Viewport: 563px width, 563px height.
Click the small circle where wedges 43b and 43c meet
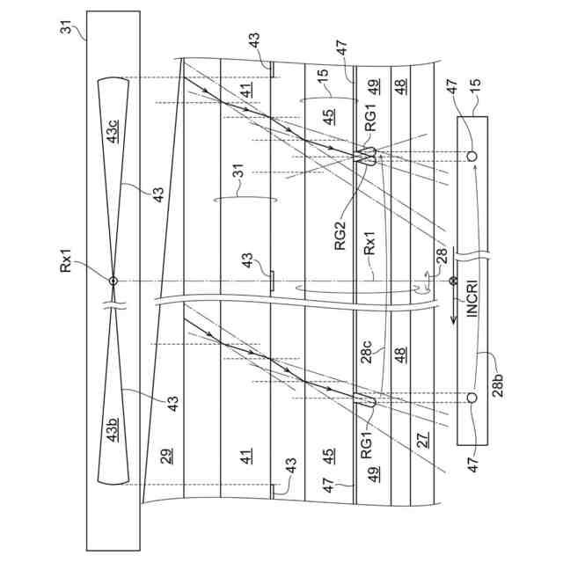click(x=113, y=281)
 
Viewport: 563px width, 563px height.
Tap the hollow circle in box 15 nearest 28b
click(x=472, y=398)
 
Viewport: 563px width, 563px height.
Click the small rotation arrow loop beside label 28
click(x=426, y=282)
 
